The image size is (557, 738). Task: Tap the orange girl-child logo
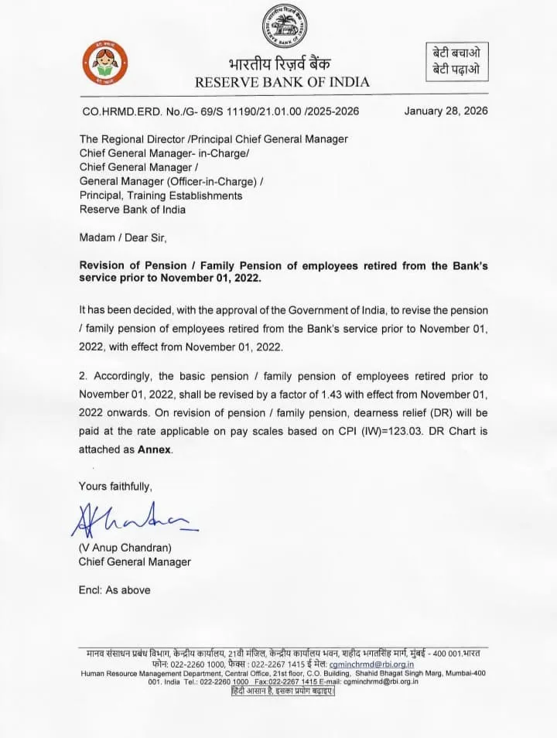(x=104, y=64)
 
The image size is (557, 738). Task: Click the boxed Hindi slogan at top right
(x=456, y=61)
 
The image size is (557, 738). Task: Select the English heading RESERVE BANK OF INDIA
(x=282, y=82)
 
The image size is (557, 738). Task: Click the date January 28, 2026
(x=446, y=111)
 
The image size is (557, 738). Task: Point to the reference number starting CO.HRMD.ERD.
(x=220, y=111)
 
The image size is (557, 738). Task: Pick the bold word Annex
(x=154, y=449)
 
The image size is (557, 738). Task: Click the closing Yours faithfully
(x=115, y=486)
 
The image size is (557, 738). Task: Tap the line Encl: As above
(x=114, y=589)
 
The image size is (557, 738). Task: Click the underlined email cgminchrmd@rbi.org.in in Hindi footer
(x=371, y=664)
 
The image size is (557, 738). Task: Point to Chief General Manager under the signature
(x=135, y=562)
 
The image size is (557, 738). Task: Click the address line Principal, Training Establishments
(x=161, y=195)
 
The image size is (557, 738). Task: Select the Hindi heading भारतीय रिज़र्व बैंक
(x=283, y=64)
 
